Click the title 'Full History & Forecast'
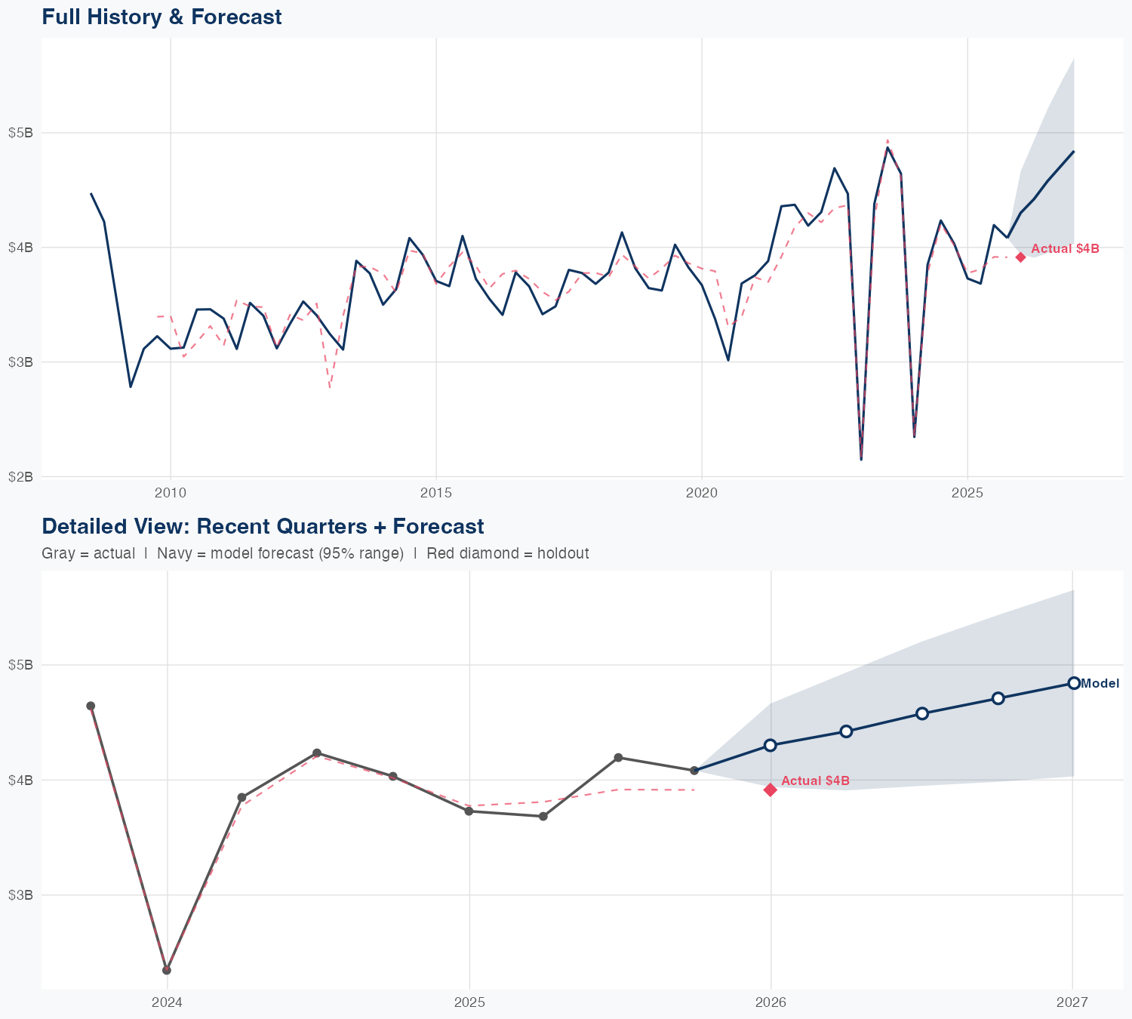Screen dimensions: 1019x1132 [x=161, y=17]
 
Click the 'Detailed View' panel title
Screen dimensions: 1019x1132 [x=263, y=526]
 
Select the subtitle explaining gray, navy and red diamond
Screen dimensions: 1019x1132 [x=315, y=553]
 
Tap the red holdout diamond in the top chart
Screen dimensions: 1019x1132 [x=1020, y=257]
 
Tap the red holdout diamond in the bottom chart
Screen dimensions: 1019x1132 [x=771, y=790]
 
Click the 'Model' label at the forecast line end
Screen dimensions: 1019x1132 [x=1100, y=684]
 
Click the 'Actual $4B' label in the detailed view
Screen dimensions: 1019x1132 [x=815, y=780]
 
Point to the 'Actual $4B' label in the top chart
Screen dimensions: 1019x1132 [x=1065, y=248]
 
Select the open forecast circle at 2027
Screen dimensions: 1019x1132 [x=1074, y=683]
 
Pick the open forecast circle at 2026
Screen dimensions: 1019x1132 [x=771, y=745]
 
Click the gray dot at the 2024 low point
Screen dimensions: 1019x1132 [x=167, y=970]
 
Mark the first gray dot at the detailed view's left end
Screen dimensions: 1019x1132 [x=91, y=706]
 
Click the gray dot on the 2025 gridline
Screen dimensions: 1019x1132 [x=469, y=811]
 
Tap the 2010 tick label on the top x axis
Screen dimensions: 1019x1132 [x=171, y=493]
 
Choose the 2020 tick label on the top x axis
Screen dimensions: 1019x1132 [x=702, y=493]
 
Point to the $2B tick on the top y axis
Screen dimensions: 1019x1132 [x=20, y=476]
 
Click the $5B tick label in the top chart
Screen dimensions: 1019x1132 [x=20, y=133]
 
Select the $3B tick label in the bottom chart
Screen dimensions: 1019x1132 [x=20, y=894]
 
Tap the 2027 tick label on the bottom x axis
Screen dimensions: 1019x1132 [x=1072, y=1002]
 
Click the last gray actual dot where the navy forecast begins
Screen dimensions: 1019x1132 [x=694, y=771]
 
